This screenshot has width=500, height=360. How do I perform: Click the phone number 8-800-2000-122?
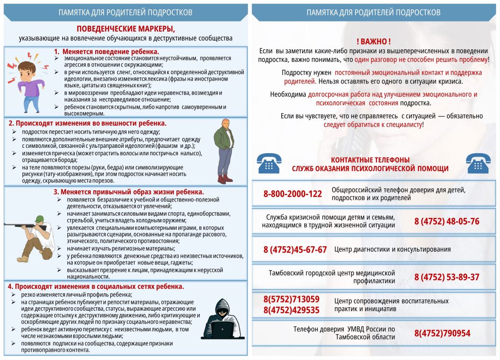click(292, 194)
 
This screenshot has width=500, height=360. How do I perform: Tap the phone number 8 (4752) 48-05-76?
click(447, 221)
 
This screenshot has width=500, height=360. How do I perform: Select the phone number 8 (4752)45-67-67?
click(295, 250)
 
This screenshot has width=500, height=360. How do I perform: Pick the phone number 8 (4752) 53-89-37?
click(447, 278)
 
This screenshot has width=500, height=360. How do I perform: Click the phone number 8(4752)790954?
click(442, 334)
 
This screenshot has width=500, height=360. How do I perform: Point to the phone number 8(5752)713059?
click(292, 300)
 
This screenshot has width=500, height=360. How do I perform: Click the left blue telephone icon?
click(269, 163)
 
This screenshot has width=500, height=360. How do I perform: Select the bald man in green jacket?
click(224, 150)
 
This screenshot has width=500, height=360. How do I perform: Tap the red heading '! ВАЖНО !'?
click(374, 42)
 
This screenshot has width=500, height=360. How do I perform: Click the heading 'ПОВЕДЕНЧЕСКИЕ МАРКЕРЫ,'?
click(125, 29)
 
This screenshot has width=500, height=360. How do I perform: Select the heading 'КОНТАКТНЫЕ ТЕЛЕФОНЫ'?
click(370, 160)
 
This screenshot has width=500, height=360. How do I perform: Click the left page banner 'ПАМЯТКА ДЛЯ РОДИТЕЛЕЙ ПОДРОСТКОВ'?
click(125, 12)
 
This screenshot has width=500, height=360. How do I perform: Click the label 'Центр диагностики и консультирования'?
click(393, 249)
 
